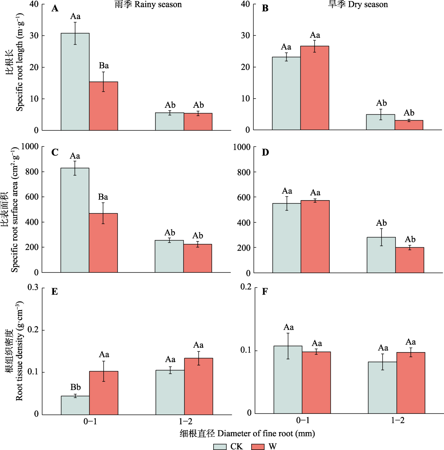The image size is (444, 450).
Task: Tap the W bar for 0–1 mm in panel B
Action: point(315,88)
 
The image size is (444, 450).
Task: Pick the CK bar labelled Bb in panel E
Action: point(75,405)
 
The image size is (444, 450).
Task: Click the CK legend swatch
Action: point(220,446)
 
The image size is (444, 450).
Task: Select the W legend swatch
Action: point(258,446)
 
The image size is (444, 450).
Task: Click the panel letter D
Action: point(265,152)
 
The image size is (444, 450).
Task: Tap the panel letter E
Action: point(55,291)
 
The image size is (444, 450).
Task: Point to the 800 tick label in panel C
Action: point(31,172)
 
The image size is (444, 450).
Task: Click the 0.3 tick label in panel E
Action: point(33,287)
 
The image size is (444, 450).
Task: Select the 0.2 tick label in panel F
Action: point(246,287)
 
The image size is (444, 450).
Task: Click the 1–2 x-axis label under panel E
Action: point(185,421)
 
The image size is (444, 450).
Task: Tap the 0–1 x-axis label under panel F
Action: point(303,420)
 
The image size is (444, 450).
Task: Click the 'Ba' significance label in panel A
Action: point(104,66)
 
